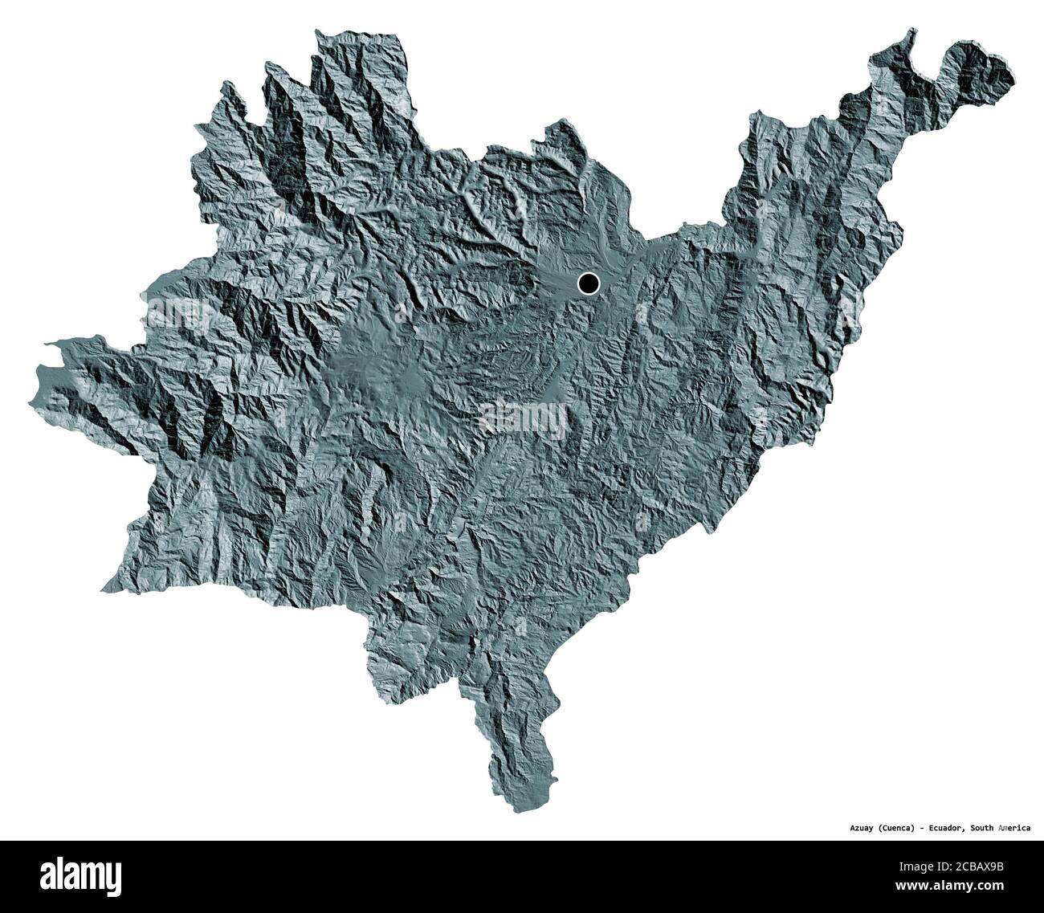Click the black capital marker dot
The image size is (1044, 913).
[589, 283]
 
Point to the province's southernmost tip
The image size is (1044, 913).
[514, 809]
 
